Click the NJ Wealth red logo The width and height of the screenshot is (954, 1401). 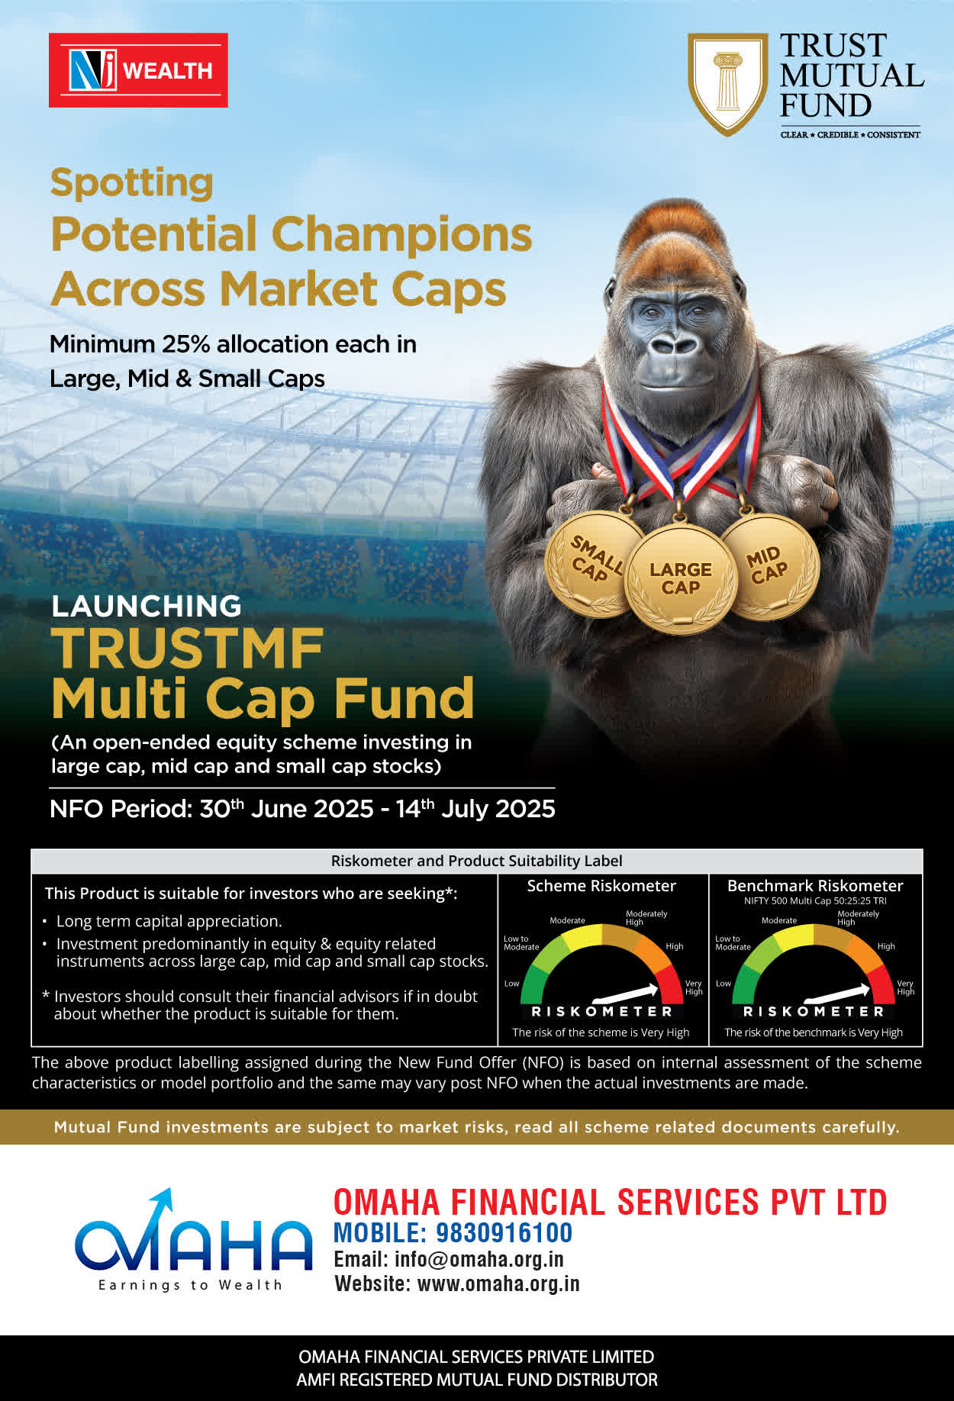(138, 70)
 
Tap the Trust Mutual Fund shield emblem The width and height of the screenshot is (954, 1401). (727, 84)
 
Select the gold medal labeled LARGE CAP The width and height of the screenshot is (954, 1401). (680, 578)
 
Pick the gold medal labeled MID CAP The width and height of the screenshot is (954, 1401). (769, 566)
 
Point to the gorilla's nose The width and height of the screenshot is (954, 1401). (675, 344)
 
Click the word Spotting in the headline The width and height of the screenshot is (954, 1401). (131, 184)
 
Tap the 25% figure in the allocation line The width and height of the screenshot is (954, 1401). (185, 344)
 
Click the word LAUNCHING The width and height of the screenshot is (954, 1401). (147, 606)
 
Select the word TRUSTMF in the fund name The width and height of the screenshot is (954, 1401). (188, 649)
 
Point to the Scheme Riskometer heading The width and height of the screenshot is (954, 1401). (601, 886)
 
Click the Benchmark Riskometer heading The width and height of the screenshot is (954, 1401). (815, 886)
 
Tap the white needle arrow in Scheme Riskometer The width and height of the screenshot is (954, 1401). (625, 993)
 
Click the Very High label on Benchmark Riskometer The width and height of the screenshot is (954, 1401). (905, 987)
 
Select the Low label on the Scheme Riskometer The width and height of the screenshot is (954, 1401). (511, 984)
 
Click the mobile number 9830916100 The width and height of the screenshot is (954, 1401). (504, 1232)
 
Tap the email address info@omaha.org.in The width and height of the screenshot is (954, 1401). (479, 1259)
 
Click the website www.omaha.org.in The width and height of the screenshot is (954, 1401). (498, 1283)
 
